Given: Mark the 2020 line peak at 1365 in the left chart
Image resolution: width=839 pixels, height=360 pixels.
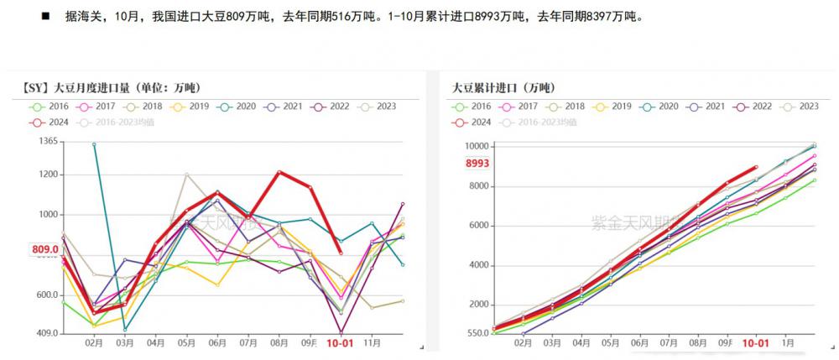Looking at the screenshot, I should click(x=94, y=144).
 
